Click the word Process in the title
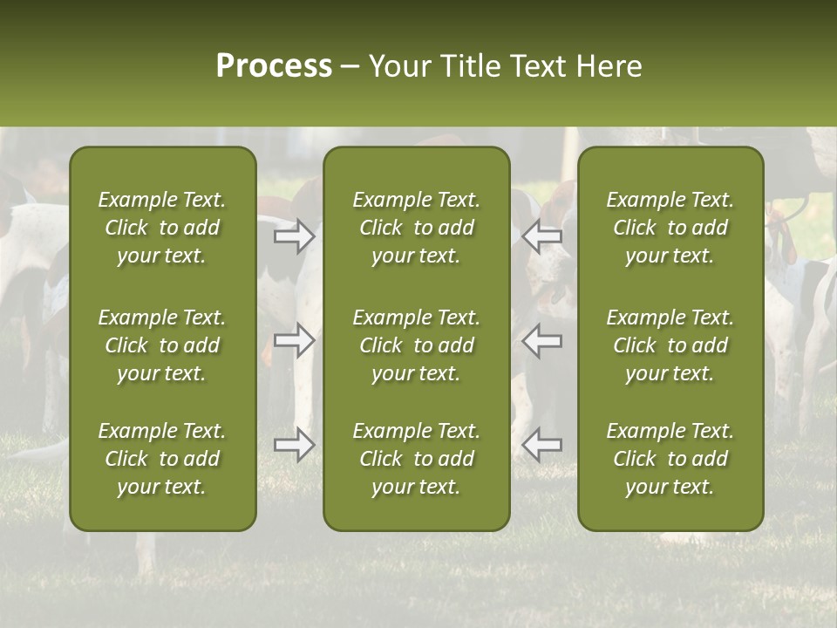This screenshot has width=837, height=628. click(274, 66)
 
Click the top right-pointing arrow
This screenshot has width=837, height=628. click(294, 236)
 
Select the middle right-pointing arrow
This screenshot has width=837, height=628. click(294, 341)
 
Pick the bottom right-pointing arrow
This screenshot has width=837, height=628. click(294, 445)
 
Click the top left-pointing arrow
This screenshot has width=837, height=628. click(542, 236)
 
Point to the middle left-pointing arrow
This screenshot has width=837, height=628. click(542, 341)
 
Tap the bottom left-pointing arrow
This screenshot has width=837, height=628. click(542, 445)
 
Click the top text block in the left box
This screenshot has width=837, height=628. click(162, 228)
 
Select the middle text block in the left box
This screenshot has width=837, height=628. click(162, 345)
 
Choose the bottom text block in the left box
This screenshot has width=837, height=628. click(162, 459)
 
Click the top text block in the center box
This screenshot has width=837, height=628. click(416, 228)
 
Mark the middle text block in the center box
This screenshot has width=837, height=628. click(416, 345)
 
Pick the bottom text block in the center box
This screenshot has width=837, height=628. click(416, 459)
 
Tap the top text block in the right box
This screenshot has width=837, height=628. click(670, 228)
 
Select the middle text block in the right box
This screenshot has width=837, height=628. click(670, 345)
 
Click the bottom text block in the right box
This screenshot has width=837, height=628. click(670, 459)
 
